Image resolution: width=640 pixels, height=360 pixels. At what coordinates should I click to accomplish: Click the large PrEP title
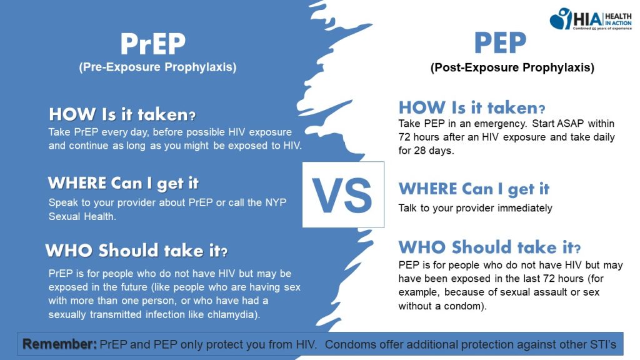(x=153, y=44)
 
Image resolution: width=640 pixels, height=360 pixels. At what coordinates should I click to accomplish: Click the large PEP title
(x=501, y=42)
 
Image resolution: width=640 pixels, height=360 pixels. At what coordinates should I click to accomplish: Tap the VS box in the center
(x=343, y=195)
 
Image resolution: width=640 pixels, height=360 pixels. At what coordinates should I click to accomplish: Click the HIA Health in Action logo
(x=591, y=19)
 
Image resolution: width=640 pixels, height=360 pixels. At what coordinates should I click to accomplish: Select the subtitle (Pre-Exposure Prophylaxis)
(x=157, y=67)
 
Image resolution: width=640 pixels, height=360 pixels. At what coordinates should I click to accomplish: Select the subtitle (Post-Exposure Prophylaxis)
(x=512, y=67)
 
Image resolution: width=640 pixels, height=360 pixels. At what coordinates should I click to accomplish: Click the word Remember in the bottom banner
(x=59, y=344)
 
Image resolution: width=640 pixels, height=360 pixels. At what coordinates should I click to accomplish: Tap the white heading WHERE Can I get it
(x=123, y=183)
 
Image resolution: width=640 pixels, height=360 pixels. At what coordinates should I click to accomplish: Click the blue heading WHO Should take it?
(x=489, y=247)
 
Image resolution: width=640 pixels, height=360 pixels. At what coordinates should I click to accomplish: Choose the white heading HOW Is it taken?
(x=122, y=114)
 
